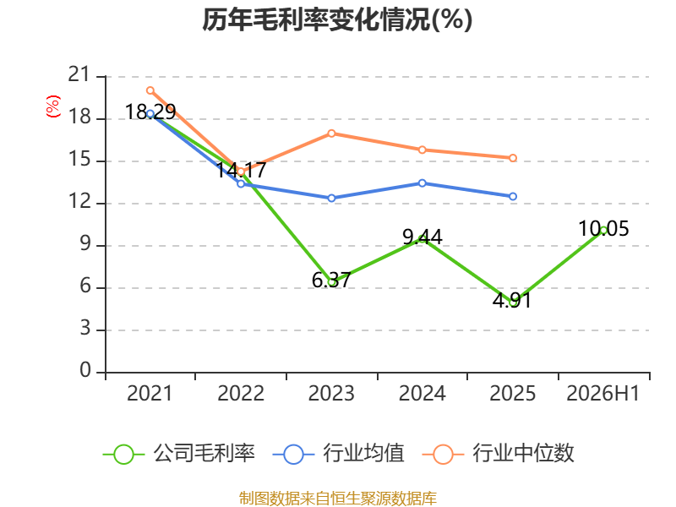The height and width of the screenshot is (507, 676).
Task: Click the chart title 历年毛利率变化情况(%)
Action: pyautogui.click(x=337, y=19)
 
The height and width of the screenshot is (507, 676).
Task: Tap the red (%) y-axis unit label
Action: pyautogui.click(x=53, y=106)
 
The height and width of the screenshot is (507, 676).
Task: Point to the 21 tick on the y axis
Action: pyautogui.click(x=79, y=74)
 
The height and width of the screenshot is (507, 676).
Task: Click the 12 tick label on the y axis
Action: pyautogui.click(x=79, y=201)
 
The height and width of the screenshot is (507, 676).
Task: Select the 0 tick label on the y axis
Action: pyautogui.click(x=85, y=370)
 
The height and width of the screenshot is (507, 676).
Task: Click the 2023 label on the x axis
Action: pyautogui.click(x=331, y=394)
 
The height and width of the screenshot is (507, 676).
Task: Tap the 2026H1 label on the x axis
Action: pyautogui.click(x=602, y=394)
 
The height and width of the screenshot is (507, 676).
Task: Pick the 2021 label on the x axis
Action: pyautogui.click(x=150, y=394)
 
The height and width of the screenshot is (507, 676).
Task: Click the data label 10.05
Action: pyautogui.click(x=603, y=228)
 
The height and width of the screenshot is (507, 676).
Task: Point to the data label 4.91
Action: pyautogui.click(x=512, y=300)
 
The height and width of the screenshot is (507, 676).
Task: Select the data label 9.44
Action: pyautogui.click(x=422, y=237)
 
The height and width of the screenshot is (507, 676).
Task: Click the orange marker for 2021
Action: pyautogui.click(x=150, y=90)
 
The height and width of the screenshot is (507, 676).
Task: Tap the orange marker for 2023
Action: pyautogui.click(x=331, y=134)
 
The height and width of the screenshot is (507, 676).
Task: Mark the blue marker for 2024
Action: pyautogui.click(x=422, y=183)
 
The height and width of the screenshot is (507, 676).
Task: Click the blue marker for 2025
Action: pyautogui.click(x=513, y=197)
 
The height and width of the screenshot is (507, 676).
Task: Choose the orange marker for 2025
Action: pyautogui.click(x=513, y=158)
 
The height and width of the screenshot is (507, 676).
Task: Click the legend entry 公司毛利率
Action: pyautogui.click(x=179, y=454)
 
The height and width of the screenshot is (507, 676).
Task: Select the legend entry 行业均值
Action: pyautogui.click(x=339, y=454)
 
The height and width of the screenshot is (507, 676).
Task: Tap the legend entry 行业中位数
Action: pyautogui.click(x=499, y=454)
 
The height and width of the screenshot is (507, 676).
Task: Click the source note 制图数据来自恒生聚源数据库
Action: pyautogui.click(x=337, y=499)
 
